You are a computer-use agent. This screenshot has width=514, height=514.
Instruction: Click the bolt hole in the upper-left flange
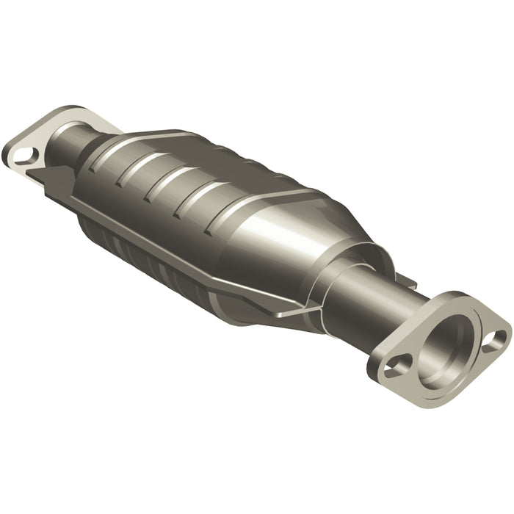point(24,155)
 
